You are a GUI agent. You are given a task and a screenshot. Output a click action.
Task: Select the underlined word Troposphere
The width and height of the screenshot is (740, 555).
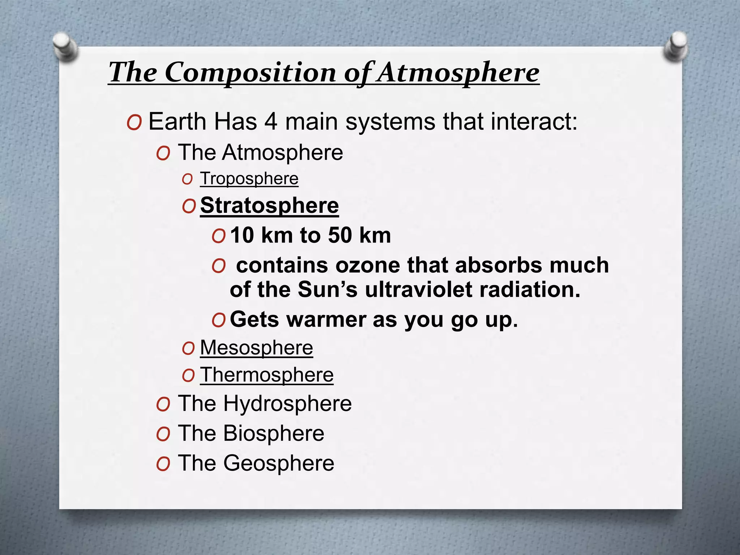[x=249, y=178]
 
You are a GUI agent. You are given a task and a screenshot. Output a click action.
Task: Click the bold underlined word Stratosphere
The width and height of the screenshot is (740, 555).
[x=270, y=206]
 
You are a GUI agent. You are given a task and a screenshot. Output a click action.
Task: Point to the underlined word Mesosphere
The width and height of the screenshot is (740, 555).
[x=257, y=348]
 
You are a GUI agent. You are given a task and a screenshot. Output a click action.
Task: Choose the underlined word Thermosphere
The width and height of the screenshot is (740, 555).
[x=267, y=375]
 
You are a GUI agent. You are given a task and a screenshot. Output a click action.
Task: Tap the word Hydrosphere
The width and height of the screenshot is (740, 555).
[x=288, y=403]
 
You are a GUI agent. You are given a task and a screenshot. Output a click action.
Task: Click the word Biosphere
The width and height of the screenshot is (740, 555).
[x=274, y=433]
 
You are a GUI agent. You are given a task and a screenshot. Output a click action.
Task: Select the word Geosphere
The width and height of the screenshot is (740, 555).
[x=279, y=463]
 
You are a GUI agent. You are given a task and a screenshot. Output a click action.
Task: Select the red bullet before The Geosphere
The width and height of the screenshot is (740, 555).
[x=163, y=464]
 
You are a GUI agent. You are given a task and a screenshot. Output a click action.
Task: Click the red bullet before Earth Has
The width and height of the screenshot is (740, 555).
[x=134, y=123]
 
